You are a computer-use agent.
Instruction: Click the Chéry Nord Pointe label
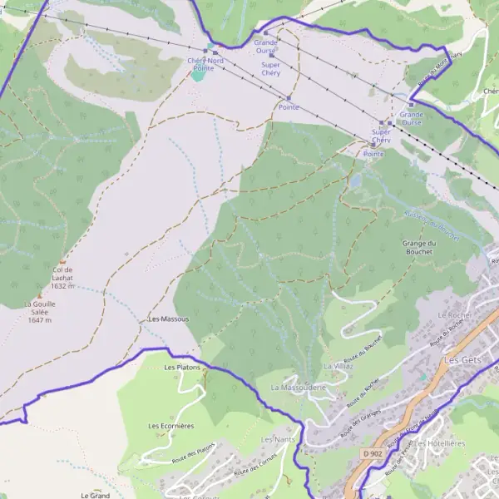click(205, 64)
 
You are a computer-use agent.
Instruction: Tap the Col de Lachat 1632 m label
click(63, 278)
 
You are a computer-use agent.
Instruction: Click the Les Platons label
click(183, 367)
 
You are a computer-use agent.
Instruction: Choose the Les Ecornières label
click(171, 426)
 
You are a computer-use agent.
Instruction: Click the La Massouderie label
click(297, 388)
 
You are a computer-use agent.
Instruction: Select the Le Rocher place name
click(454, 316)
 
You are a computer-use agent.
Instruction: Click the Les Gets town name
click(464, 360)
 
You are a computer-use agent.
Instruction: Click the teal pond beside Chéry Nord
click(198, 75)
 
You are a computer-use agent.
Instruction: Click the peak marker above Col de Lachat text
click(62, 261)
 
